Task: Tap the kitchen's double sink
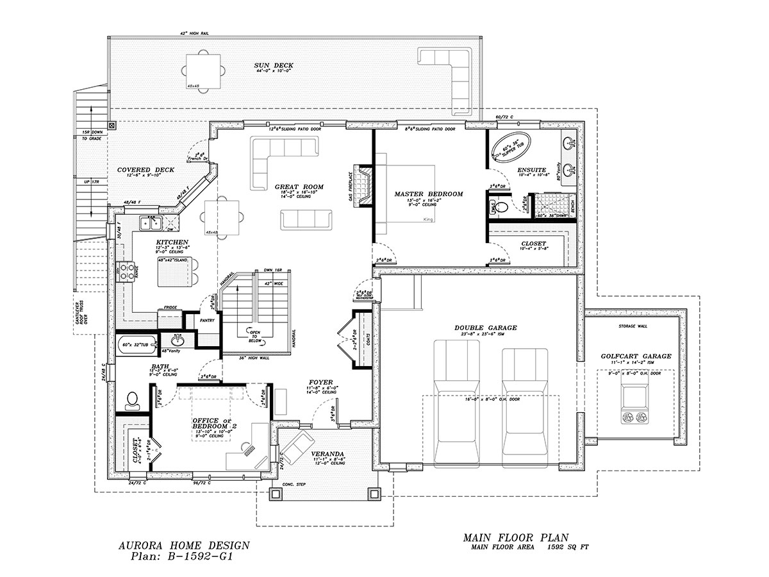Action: click(151, 223)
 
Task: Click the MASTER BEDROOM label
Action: click(429, 193)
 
